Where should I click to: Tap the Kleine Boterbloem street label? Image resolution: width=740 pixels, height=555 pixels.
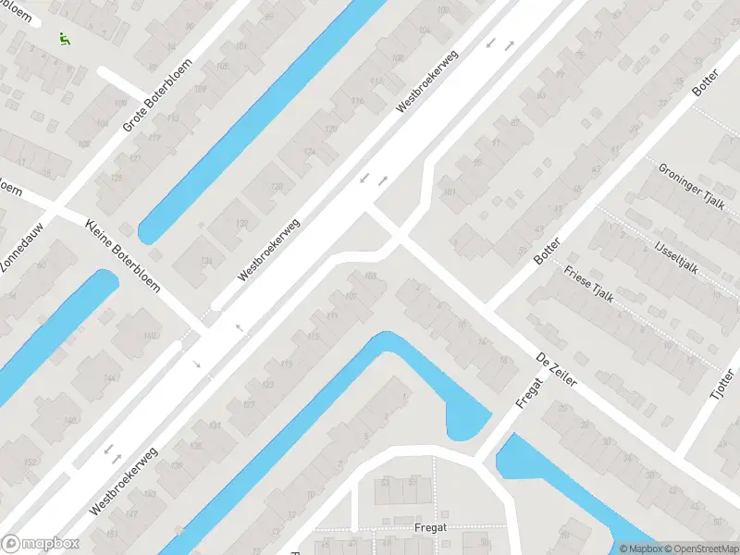coord(122,254)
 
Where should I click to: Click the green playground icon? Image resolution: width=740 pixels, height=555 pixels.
coord(64,39)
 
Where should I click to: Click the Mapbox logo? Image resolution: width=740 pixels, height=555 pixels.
coord(40,544)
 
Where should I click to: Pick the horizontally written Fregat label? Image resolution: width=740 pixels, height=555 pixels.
coord(430,528)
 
